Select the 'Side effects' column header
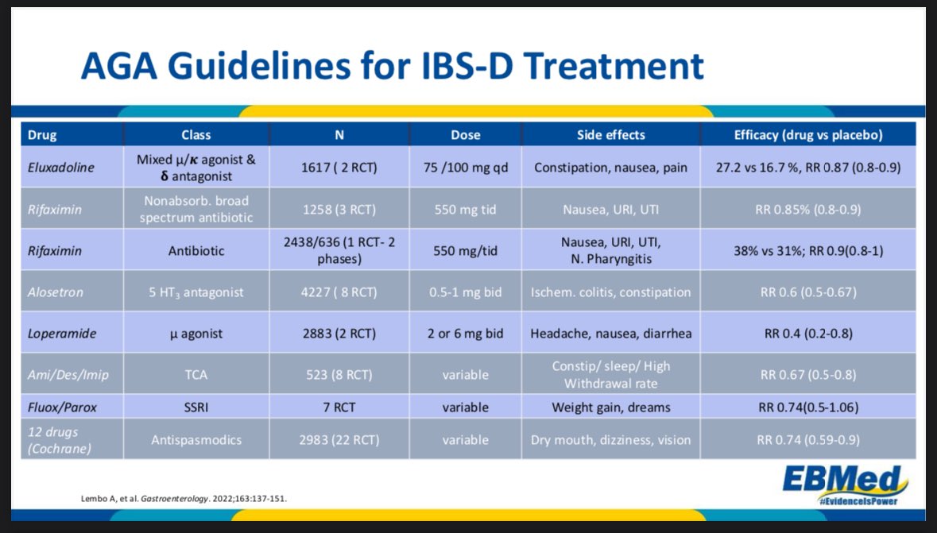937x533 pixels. click(611, 134)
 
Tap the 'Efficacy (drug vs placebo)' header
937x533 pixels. click(808, 134)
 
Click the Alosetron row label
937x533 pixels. click(56, 292)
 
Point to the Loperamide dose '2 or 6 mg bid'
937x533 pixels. click(466, 334)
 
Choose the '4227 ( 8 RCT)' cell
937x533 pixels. click(339, 292)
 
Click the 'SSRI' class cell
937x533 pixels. click(196, 407)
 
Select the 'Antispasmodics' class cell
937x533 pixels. click(196, 439)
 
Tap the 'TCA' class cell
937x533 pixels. click(196, 374)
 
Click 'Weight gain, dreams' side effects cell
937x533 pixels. click(611, 407)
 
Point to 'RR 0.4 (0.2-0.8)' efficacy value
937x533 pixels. click(808, 334)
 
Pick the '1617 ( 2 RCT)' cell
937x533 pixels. click(339, 168)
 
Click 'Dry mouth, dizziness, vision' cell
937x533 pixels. click(611, 439)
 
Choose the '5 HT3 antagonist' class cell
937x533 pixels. click(196, 292)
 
